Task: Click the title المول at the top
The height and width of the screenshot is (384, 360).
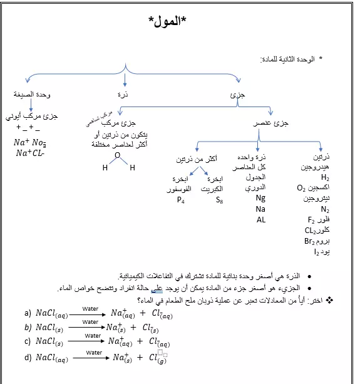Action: (x=168, y=21)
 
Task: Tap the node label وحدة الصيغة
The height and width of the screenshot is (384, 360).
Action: (x=33, y=94)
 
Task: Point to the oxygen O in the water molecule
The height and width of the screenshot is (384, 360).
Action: (x=117, y=155)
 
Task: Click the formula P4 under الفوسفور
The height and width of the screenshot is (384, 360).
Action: (x=181, y=200)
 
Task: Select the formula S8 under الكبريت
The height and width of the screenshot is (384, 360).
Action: (x=219, y=200)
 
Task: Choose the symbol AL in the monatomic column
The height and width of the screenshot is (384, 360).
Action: (x=261, y=220)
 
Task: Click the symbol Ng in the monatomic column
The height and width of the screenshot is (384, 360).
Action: (x=260, y=198)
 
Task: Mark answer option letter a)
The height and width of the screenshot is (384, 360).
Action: (x=28, y=313)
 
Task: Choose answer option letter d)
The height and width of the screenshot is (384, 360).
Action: (x=28, y=358)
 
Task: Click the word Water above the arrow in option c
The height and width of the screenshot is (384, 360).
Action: (x=93, y=336)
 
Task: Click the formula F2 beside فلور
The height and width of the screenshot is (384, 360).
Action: (x=311, y=220)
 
